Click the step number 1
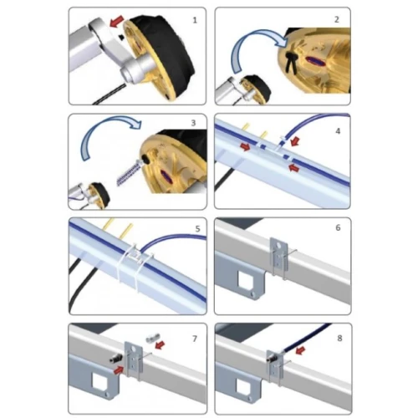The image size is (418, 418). coord(195,20)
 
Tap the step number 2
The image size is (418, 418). coord(337,19)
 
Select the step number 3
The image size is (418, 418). coord(193,123)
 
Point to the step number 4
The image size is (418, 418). coord(338,131)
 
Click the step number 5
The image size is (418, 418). coord(197,229)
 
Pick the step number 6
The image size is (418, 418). coord(338,227)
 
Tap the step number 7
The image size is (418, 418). coord(195,339)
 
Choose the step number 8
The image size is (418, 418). coord(339,338)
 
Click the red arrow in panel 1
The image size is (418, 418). coord(116,22)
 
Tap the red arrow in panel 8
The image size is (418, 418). coord(300,350)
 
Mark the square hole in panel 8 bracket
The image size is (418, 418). coord(244,385)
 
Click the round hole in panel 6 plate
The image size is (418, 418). coord(278,246)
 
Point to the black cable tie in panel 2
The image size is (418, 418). coord(291,60)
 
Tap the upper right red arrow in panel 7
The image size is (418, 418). coord(160,345)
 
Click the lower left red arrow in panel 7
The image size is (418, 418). coord(119,370)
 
